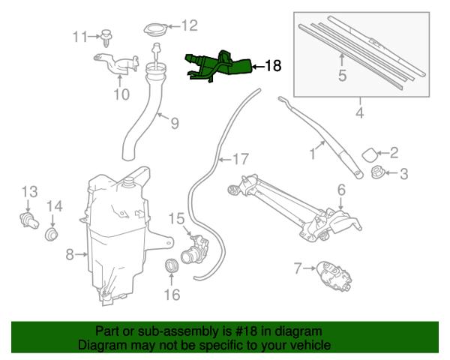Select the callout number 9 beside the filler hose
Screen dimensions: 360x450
pyautogui.click(x=174, y=122)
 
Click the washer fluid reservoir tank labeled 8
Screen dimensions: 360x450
pyautogui.click(x=116, y=232)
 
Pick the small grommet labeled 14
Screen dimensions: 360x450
pyautogui.click(x=52, y=236)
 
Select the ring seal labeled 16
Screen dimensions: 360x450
pyautogui.click(x=172, y=265)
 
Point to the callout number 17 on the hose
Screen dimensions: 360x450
pyautogui.click(x=238, y=159)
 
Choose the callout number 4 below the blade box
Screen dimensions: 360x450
pyautogui.click(x=359, y=114)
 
